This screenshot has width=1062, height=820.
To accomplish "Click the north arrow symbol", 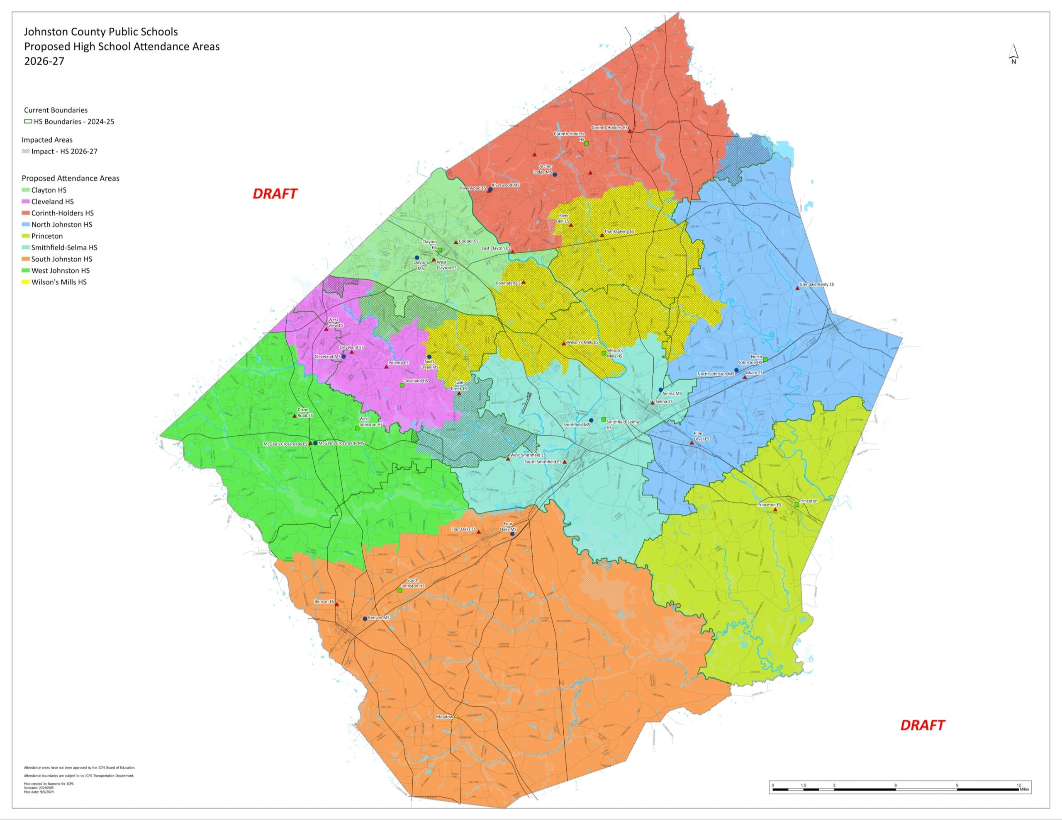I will [1013, 54].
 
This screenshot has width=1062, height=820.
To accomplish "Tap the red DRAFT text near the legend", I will [275, 194].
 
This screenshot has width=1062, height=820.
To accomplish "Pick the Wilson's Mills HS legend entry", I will [59, 282].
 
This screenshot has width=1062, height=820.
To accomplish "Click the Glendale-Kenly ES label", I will [816, 284].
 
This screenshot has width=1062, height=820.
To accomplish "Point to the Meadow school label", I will [444, 716].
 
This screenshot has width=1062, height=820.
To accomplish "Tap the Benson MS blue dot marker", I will [365, 619].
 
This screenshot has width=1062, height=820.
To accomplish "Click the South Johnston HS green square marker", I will [400, 590].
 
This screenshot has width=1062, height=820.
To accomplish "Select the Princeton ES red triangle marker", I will [775, 510].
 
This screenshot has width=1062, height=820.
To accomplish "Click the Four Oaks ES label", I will [463, 529].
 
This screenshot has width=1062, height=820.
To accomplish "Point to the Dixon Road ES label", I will [304, 412].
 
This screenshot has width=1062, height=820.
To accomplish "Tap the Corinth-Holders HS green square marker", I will [587, 143].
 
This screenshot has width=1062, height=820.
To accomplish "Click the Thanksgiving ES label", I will [619, 231].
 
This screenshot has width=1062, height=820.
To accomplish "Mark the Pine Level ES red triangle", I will [692, 443].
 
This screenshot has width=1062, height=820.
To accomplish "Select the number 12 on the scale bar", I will [1019, 785].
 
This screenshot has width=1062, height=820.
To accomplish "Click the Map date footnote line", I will [39, 792].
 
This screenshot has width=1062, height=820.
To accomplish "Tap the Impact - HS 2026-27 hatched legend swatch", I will [26, 152].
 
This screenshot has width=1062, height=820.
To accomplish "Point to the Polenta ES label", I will [398, 363].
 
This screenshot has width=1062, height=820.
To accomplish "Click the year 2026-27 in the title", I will [44, 61].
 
